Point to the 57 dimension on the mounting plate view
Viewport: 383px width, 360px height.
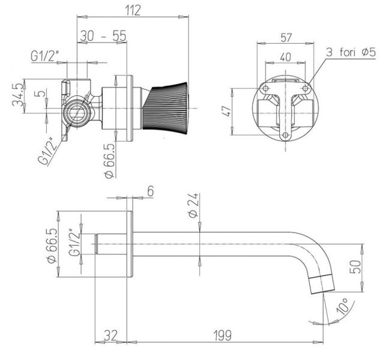286,37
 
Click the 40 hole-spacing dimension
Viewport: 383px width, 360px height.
286,58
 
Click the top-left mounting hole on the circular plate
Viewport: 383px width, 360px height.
264,88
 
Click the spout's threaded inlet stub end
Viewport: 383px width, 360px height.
97,244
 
